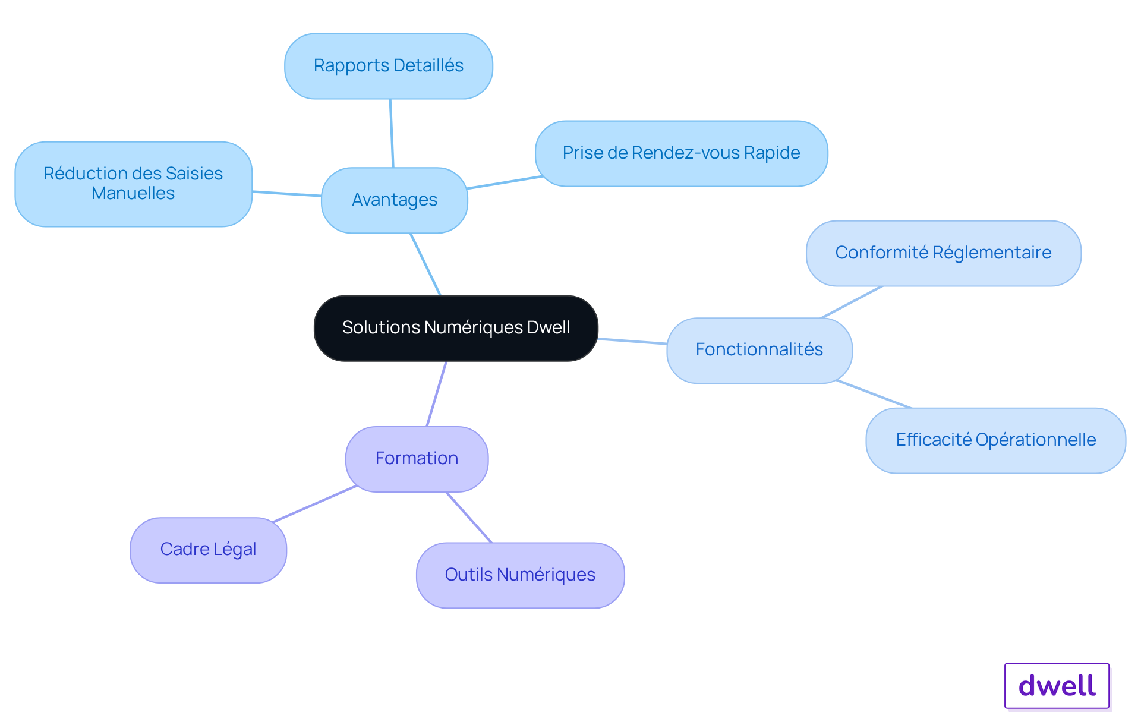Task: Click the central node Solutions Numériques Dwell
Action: pos(456,328)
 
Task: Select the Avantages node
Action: pos(395,200)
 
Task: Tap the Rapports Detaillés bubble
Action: pos(389,66)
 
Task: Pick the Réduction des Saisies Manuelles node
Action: pos(134,184)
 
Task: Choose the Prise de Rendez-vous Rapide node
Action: pos(682,153)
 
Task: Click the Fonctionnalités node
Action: pos(759,351)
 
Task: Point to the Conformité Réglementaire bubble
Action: pos(944,253)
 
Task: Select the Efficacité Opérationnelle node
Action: pos(996,440)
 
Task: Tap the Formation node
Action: pos(417,459)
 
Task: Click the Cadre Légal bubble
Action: pos(209,550)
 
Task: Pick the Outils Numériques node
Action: pos(521,575)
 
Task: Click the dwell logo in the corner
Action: pos(1057,686)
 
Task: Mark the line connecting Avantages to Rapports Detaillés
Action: pos(392,133)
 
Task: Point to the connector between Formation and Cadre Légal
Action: pos(315,504)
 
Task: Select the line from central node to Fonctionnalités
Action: pos(633,341)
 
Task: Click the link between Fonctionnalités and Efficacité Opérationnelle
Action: pos(874,394)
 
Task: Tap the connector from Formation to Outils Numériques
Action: pos(469,517)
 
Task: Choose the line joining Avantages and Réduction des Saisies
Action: pos(287,194)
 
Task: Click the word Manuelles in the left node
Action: pos(133,194)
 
